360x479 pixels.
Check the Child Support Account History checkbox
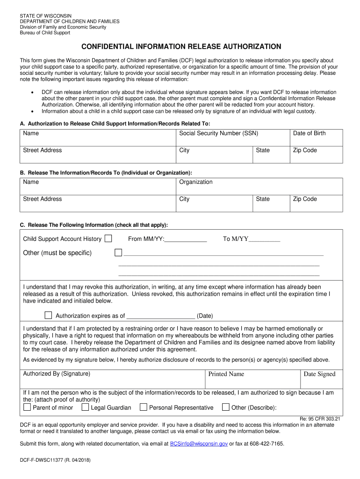pyautogui.click(x=108, y=239)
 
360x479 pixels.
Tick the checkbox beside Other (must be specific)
pyautogui.click(x=118, y=253)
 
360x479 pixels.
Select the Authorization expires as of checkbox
pyautogui.click(x=48, y=315)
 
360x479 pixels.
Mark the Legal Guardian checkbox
pyautogui.click(x=85, y=407)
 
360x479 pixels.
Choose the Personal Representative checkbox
pyautogui.click(x=144, y=407)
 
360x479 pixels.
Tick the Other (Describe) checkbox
pyautogui.click(x=225, y=407)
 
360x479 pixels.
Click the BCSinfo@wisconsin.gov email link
pyautogui.click(x=199, y=443)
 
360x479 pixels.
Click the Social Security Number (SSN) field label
pyautogui.click(x=218, y=133)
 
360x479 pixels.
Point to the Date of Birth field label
pyautogui.click(x=309, y=133)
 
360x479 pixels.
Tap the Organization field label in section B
pyautogui.click(x=195, y=182)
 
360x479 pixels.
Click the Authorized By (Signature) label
pyautogui.click(x=57, y=374)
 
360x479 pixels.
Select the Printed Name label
pyautogui.click(x=226, y=374)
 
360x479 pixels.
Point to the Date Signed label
pyautogui.click(x=319, y=374)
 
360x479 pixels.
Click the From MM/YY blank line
pyautogui.click(x=186, y=239)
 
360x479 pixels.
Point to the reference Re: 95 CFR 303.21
pyautogui.click(x=319, y=419)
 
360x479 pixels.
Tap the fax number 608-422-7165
pyautogui.click(x=266, y=443)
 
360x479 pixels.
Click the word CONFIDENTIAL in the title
pyautogui.click(x=108, y=47)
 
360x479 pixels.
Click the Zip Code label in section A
pyautogui.click(x=305, y=150)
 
